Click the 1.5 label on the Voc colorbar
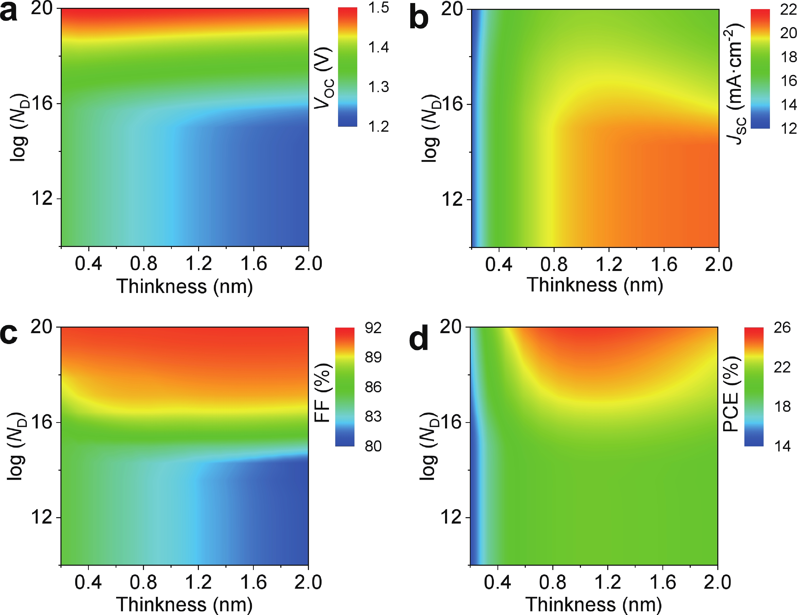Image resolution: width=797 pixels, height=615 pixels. click(379, 8)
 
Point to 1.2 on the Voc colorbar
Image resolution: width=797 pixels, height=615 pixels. click(379, 126)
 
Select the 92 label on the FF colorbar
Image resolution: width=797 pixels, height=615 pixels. click(373, 328)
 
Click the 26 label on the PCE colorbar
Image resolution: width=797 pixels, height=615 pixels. click(782, 328)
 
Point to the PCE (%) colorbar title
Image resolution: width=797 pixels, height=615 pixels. click(731, 394)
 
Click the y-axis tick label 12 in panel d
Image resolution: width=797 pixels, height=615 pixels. click(452, 517)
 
